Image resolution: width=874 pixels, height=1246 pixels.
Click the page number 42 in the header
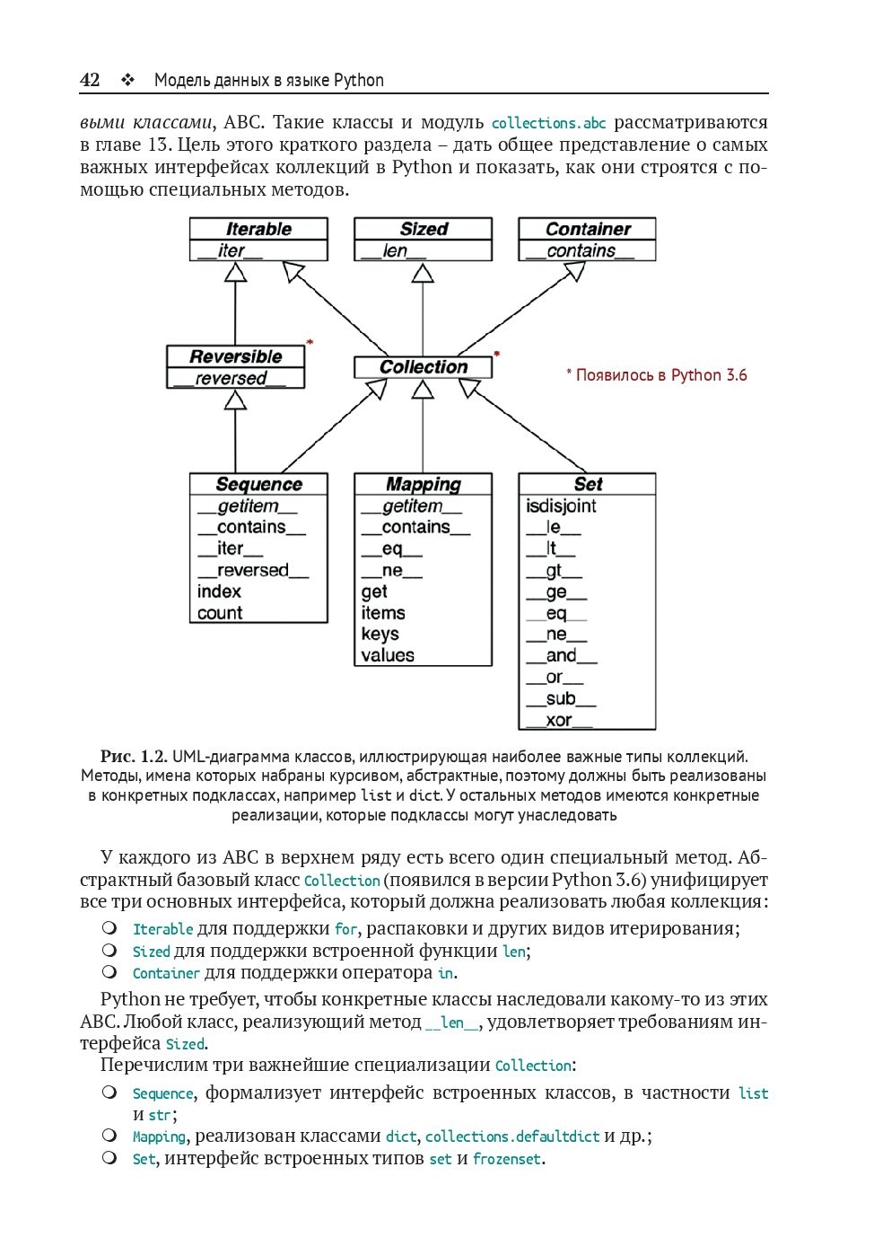click(90, 80)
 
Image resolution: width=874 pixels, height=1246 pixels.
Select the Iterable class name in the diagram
click(258, 229)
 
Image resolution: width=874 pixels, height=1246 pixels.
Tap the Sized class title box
click(424, 229)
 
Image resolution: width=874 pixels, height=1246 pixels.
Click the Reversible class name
click(236, 356)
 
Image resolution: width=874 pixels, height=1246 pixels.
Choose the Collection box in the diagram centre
click(424, 367)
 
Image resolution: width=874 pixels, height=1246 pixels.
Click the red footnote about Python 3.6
click(657, 375)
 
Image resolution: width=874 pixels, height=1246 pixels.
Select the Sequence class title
click(258, 485)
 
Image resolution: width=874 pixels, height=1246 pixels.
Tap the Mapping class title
click(424, 485)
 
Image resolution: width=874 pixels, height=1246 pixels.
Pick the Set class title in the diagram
click(588, 485)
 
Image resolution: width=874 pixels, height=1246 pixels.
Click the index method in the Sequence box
click(220, 592)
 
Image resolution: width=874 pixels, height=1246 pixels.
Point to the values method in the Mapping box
click(388, 655)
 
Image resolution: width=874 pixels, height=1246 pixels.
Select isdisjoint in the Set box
click(561, 506)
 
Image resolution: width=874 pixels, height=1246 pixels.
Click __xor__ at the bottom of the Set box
click(559, 720)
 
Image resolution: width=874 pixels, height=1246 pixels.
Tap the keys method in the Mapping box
click(380, 634)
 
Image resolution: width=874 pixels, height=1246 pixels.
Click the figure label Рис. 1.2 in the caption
click(134, 757)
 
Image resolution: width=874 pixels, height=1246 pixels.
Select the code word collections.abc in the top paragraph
click(549, 123)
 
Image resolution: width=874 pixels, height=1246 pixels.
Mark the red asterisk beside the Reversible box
click(310, 342)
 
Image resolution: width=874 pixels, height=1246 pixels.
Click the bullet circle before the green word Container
click(109, 971)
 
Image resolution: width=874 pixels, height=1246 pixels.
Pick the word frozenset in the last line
click(507, 1159)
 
